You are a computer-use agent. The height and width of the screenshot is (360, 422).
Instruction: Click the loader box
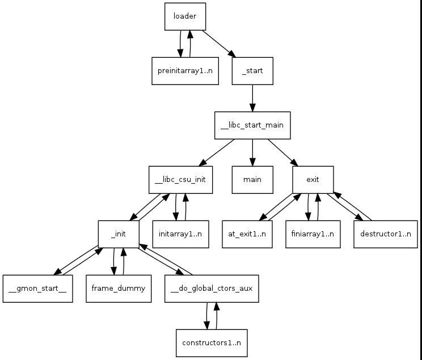coord(185,16)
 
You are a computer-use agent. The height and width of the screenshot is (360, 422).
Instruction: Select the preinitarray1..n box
coord(185,71)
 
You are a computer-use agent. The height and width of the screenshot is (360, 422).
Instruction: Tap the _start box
coord(252,71)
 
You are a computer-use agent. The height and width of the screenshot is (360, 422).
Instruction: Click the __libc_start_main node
coord(252,125)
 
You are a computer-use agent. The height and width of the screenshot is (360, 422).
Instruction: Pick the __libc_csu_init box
coord(180,180)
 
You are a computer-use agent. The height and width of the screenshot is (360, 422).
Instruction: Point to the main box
coord(252,180)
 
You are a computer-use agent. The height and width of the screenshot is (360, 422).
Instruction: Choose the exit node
coord(313,180)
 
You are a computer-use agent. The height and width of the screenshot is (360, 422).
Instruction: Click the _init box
coord(119,234)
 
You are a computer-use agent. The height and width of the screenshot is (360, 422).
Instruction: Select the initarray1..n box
coord(180,234)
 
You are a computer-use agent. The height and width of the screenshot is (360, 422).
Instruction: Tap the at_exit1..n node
coord(247,234)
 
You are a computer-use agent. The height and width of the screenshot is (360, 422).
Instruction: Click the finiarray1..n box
coord(313,234)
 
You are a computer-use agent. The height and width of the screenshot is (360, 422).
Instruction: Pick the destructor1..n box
coord(386,234)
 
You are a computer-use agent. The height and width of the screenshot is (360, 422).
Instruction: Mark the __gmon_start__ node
coord(37,289)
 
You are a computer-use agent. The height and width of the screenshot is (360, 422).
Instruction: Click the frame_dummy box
coord(119,289)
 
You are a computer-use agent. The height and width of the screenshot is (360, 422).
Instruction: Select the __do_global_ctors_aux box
coord(212,289)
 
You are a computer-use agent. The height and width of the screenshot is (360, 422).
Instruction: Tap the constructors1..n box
coord(212,343)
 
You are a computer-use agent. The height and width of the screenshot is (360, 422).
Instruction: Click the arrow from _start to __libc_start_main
coord(252,98)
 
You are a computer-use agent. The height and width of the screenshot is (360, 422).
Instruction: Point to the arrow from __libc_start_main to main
coord(252,153)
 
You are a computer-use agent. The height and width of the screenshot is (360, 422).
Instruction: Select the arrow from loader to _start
coord(219,44)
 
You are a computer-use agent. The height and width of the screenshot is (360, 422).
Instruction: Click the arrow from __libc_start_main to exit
coord(283,153)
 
